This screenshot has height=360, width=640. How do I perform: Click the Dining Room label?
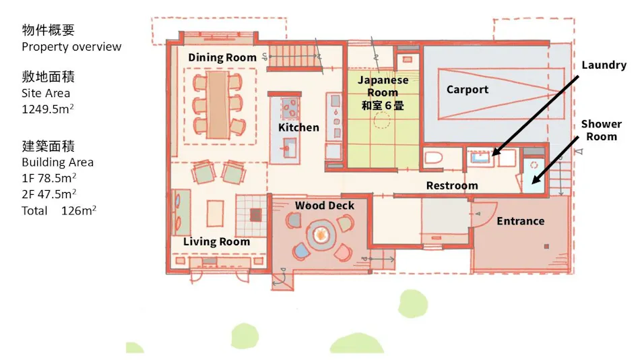click(222, 57)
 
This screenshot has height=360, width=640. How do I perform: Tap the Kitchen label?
click(298, 127)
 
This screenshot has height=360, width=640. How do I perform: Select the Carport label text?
click(468, 90)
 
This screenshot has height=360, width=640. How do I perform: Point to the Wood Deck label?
click(325, 206)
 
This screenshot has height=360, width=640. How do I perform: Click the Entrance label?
click(520, 221)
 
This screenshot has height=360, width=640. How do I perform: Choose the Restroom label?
click(452, 185)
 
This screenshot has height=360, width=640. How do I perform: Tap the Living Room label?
click(216, 241)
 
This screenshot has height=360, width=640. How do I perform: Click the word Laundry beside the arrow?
click(604, 65)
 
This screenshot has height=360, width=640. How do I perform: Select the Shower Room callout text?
click(601, 130)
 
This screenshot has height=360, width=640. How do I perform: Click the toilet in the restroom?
click(433, 158)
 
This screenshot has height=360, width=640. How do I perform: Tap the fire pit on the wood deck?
click(321, 235)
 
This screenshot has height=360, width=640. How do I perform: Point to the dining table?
click(217, 105)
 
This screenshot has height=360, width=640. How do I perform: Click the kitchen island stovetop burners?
click(290, 109)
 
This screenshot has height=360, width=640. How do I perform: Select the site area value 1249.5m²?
click(48, 109)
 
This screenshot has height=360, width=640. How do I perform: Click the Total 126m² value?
click(59, 210)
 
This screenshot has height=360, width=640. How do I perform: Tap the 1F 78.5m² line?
click(49, 178)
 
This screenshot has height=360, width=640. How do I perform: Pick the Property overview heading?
click(71, 47)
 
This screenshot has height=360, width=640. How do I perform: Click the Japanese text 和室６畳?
click(383, 105)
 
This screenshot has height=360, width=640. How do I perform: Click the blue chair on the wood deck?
click(301, 250)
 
